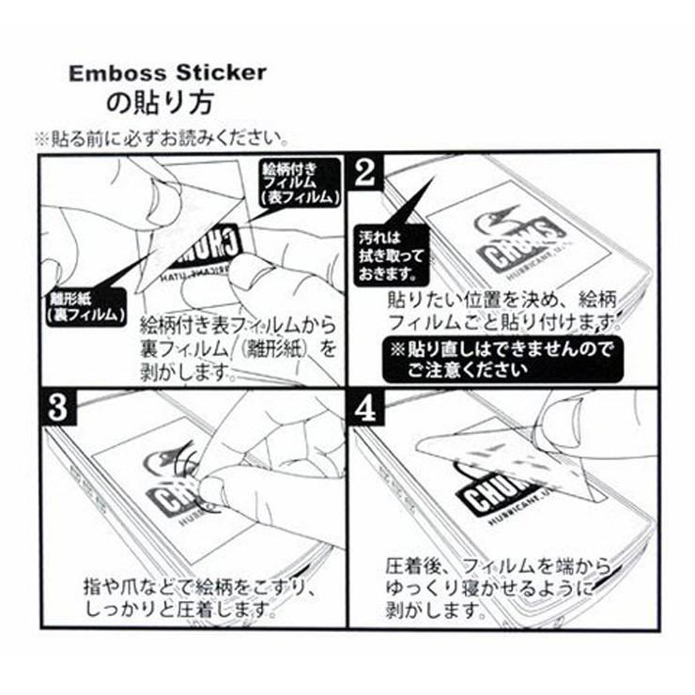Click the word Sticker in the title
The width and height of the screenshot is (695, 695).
tap(220, 73)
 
